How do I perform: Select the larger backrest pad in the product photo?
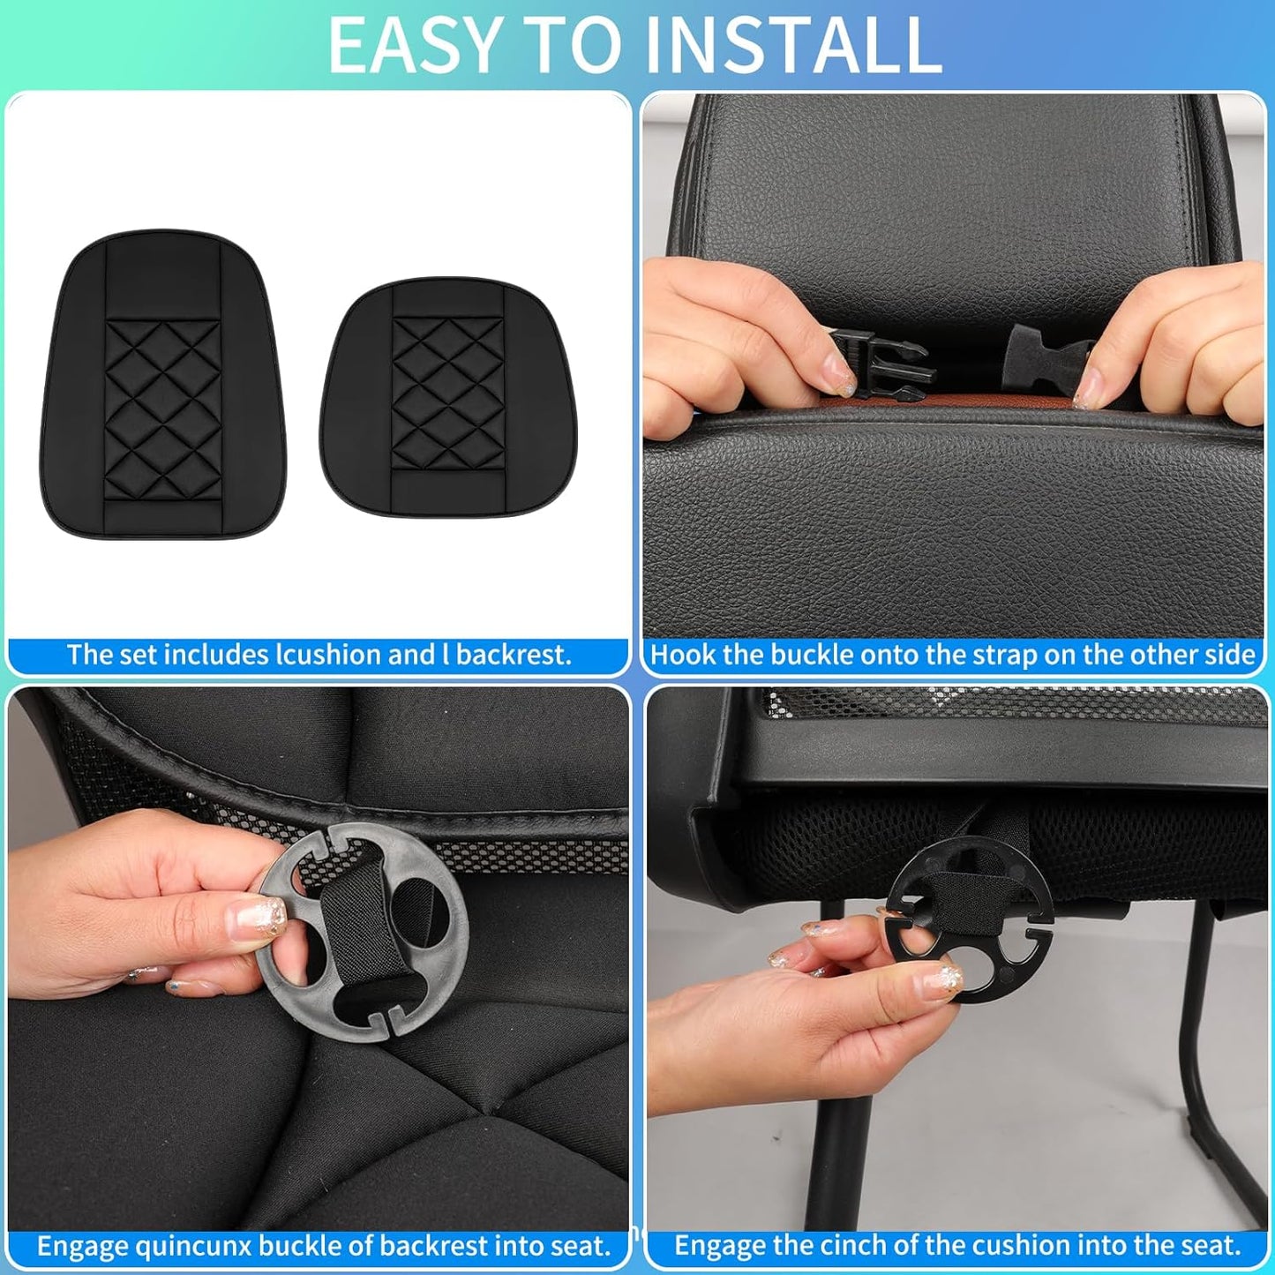(163, 386)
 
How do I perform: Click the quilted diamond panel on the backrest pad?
(162, 399)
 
